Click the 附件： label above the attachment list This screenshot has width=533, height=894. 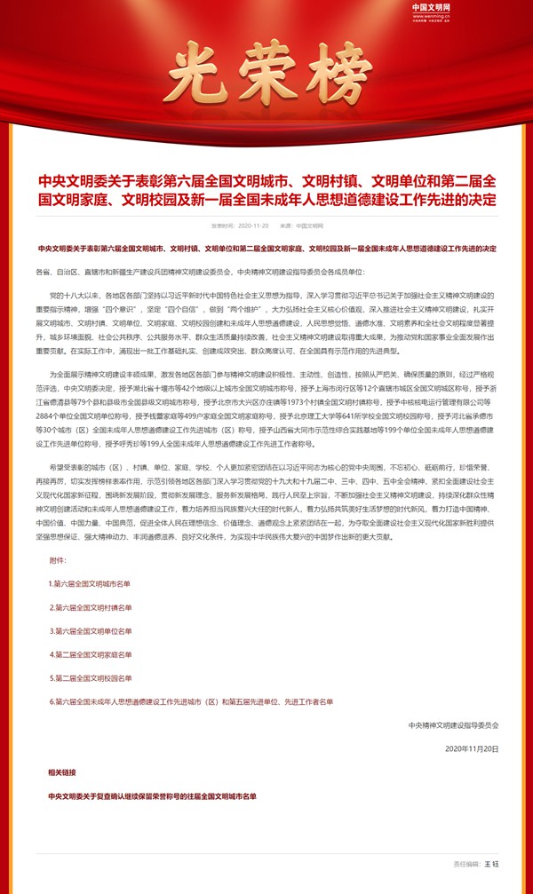(x=59, y=561)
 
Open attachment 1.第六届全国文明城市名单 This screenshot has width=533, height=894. (x=90, y=583)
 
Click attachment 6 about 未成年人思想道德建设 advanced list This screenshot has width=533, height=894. (x=191, y=701)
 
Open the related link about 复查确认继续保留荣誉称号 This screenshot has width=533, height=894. (x=152, y=795)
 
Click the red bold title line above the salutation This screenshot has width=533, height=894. (x=266, y=249)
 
